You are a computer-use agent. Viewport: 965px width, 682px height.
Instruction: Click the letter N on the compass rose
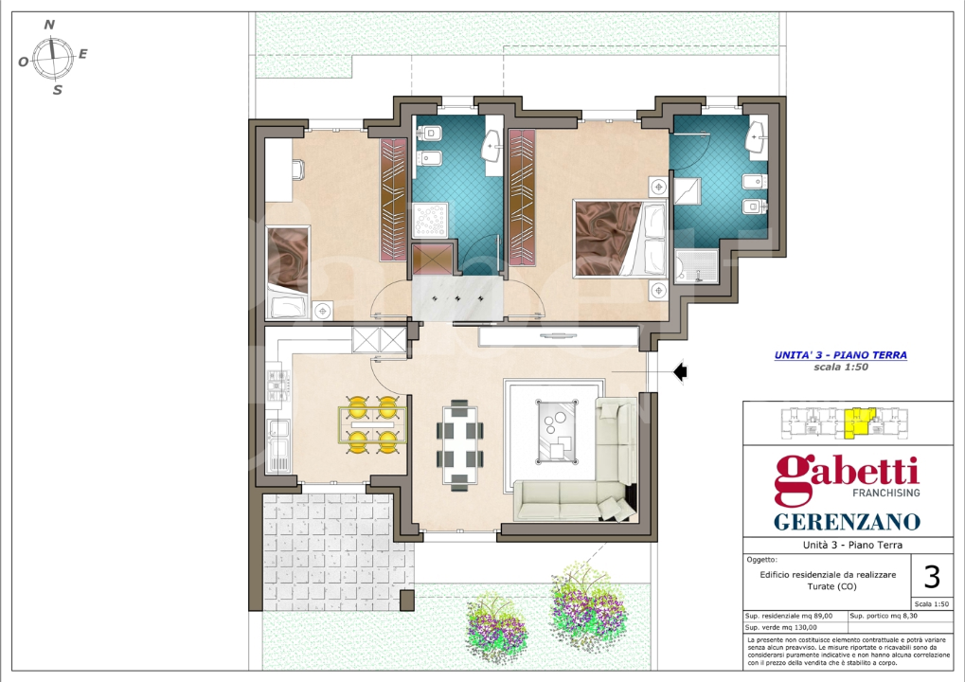click(50, 25)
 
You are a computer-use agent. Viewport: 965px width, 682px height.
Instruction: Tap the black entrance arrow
click(679, 373)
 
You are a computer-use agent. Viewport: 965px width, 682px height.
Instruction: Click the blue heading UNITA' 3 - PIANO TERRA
click(840, 355)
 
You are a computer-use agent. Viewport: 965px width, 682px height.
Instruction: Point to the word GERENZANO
click(847, 521)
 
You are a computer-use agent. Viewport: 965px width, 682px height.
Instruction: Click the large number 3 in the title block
click(931, 576)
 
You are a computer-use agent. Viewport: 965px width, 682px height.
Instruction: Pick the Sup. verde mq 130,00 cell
click(794, 627)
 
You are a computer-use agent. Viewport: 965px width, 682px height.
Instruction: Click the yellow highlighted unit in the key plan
click(859, 422)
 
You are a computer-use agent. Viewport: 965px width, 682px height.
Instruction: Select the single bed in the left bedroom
click(288, 271)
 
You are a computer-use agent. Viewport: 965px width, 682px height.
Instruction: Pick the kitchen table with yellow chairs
click(372, 424)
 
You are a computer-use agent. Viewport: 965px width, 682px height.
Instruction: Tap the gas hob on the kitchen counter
click(277, 383)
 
